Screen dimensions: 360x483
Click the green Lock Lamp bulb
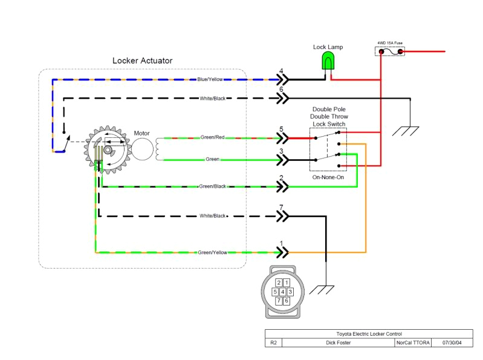[328, 61]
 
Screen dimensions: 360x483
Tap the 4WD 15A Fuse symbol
[391, 52]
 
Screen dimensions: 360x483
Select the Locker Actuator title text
[142, 61]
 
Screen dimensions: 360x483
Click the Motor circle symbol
[144, 148]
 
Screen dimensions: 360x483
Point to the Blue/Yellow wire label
[210, 79]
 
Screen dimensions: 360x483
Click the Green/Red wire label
[212, 137]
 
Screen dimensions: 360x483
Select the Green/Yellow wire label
[212, 252]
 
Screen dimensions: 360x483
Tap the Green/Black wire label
[212, 186]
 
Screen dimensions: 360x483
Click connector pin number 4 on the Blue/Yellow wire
[281, 71]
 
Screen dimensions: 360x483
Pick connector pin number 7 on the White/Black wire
[281, 208]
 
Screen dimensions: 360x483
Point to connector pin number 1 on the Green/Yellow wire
[281, 244]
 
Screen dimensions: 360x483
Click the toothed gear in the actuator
[109, 149]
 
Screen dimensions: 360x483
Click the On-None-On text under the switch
[328, 177]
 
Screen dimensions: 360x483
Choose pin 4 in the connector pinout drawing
[282, 292]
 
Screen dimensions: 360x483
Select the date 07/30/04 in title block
[452, 342]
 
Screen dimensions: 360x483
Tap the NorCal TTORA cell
[413, 342]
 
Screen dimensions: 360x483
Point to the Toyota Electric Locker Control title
[369, 333]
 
